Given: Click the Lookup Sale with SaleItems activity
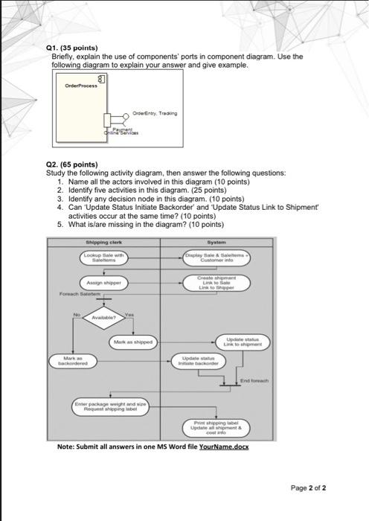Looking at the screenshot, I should pyautogui.click(x=103, y=258).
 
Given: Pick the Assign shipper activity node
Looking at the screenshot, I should pyautogui.click(x=103, y=284).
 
